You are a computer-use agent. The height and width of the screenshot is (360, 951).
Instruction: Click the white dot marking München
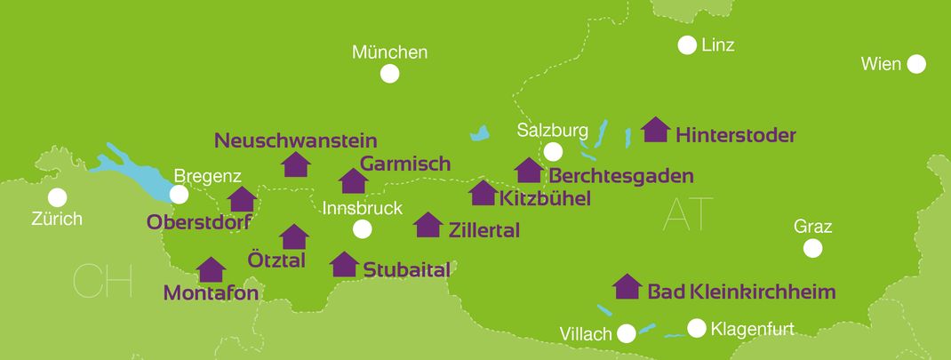point(389,74)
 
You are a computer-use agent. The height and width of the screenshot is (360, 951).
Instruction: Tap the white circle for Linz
point(687,44)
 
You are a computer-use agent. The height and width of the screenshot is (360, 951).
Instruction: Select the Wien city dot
point(916,64)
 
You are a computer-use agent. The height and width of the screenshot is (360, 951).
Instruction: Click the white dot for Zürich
point(58,196)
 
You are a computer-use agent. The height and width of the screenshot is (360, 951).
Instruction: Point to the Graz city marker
point(812,248)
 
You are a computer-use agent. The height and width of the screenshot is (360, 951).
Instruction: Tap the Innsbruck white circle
point(362,229)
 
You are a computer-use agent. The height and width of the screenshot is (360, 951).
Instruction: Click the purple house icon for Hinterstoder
point(656,130)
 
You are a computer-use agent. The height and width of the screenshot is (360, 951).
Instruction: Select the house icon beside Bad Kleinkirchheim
point(627,286)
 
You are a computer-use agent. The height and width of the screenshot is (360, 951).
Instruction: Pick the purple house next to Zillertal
point(428,225)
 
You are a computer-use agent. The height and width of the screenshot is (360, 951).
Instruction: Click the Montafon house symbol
point(211,269)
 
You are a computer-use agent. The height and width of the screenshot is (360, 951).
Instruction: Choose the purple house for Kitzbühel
point(483,193)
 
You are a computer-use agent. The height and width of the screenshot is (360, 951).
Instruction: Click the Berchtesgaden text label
point(620,176)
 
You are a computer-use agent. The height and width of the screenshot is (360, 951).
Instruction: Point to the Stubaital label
point(407,269)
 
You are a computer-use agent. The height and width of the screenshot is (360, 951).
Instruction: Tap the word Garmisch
point(405,164)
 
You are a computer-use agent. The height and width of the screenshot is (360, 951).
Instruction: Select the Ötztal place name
point(276,260)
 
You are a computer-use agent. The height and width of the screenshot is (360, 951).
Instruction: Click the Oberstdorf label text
point(200,221)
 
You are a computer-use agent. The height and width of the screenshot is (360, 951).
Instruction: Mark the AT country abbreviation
point(688,214)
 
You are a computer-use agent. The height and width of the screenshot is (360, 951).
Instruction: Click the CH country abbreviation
point(102,281)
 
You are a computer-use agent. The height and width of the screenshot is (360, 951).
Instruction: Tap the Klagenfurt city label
point(752,329)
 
